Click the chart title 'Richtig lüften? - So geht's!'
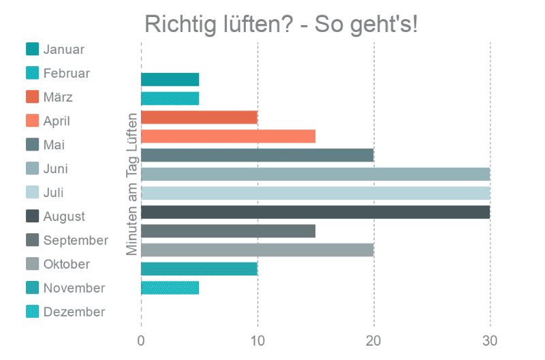tap(281, 25)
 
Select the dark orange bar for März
tap(199, 117)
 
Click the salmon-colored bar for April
tap(228, 136)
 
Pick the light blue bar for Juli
tap(315, 193)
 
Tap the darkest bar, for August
tap(315, 212)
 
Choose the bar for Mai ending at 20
tap(258, 155)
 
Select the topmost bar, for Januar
tap(170, 79)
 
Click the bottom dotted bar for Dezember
tap(170, 288)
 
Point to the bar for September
tap(228, 231)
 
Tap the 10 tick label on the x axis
tap(258, 341)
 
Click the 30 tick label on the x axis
tap(490, 341)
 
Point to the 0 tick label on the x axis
tap(141, 341)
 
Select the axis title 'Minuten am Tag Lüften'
tap(132, 184)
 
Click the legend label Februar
tap(67, 74)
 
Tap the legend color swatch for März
tap(32, 97)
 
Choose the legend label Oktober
tap(67, 265)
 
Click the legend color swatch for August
tap(32, 216)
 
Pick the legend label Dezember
tap(74, 312)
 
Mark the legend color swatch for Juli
tap(32, 192)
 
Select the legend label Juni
tap(56, 168)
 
